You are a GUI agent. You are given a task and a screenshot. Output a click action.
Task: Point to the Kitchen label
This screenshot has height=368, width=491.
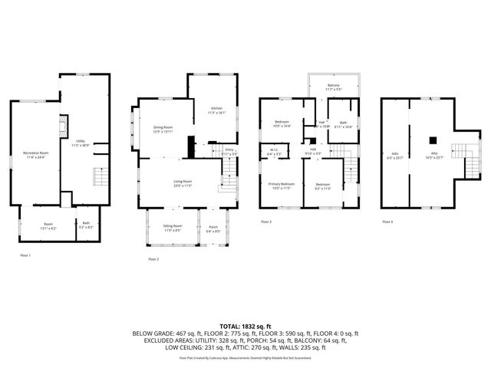217,110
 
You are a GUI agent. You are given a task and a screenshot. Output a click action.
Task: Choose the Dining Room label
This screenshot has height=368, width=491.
163,129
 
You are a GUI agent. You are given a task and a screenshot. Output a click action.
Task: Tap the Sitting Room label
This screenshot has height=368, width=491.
173,228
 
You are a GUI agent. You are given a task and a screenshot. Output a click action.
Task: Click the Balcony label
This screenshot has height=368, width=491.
333,87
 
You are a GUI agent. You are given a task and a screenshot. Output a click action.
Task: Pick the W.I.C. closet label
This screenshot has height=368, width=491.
274,152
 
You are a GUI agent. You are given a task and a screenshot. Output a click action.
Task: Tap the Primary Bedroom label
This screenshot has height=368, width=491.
281,186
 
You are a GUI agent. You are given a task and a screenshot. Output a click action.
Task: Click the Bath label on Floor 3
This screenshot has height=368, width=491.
343,124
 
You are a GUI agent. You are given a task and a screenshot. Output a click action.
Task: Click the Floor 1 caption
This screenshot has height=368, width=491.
25,255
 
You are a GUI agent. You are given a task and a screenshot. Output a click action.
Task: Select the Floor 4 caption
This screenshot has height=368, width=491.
387,222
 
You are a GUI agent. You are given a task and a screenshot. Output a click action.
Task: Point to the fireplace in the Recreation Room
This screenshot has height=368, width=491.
64,127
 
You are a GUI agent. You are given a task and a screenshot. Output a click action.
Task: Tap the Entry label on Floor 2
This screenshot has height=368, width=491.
229,152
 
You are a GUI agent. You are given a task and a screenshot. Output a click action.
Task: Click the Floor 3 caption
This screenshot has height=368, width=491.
266,222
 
